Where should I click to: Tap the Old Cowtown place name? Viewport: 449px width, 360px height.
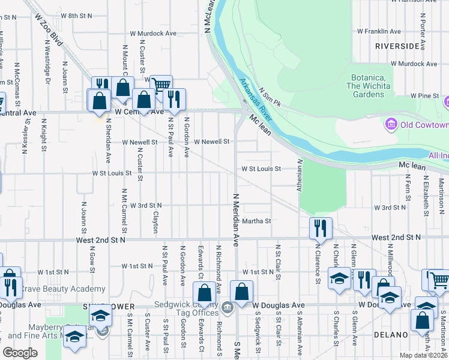[424, 125]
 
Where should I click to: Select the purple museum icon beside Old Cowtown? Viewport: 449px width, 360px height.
[391, 125]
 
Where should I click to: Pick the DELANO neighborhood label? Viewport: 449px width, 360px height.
[391, 334]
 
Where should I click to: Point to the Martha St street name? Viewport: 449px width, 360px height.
[257, 221]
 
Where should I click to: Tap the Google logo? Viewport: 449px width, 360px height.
[20, 353]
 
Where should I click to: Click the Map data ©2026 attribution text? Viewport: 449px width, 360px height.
[424, 355]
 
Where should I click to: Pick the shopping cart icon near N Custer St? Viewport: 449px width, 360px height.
[161, 85]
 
